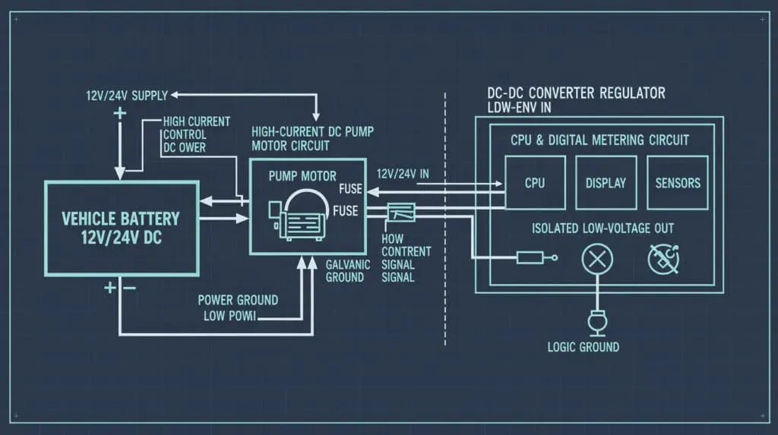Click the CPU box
point(535,183)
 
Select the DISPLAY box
point(606,183)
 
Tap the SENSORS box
point(677,183)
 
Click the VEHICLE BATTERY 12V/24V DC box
point(121,227)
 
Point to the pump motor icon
point(302,216)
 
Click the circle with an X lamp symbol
point(597,260)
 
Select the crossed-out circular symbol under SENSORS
point(663,260)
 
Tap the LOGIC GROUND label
point(583,347)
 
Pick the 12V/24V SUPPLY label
point(126,96)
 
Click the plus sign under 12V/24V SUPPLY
point(119,115)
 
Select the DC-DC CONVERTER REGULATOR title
point(576,93)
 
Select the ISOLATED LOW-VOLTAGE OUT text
point(602,229)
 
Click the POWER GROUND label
point(238,300)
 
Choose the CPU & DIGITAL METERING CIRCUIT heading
point(599,140)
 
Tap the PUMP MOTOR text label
point(302,176)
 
